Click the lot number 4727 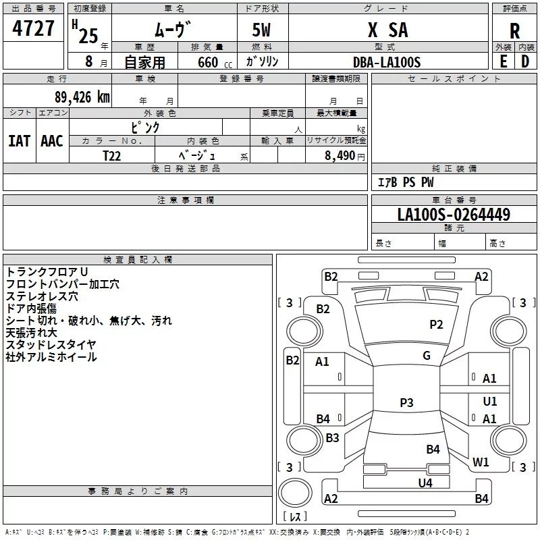(x=33, y=28)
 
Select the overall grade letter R (x=514, y=31)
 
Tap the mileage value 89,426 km (x=82, y=97)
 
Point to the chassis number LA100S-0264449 (x=454, y=214)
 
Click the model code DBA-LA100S (x=387, y=62)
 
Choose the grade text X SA (x=387, y=30)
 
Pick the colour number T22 (x=111, y=156)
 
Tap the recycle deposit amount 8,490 (x=340, y=155)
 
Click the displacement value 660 (x=208, y=62)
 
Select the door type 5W (x=261, y=30)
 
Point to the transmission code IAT (x=20, y=141)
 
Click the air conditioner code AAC (x=52, y=141)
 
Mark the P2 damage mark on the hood (x=436, y=325)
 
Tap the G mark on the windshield (x=427, y=356)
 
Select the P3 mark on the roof (x=406, y=402)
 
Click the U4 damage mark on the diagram (x=425, y=483)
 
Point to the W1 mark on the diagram (x=481, y=462)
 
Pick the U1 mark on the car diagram (x=490, y=401)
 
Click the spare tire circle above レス (x=295, y=493)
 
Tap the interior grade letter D (x=525, y=61)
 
